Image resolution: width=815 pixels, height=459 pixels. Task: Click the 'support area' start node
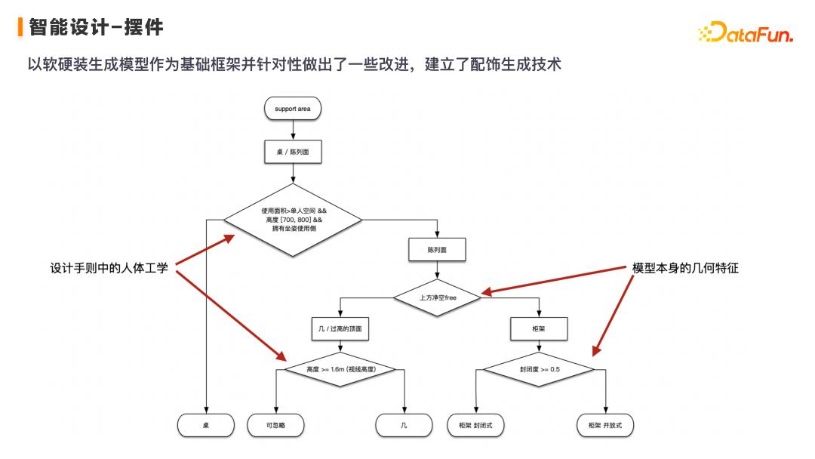(292, 109)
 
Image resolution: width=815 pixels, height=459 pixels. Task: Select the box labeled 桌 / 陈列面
(292, 152)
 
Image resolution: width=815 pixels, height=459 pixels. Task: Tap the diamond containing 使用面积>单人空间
(292, 220)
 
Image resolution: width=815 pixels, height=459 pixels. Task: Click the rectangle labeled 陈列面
(436, 250)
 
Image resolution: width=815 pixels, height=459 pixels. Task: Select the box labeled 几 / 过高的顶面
(341, 329)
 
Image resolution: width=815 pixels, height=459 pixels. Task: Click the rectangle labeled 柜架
(539, 329)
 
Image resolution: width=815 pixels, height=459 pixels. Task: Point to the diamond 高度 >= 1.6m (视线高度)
(341, 370)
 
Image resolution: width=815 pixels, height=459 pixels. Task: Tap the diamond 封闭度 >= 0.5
(539, 370)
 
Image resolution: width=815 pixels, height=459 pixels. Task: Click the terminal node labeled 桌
(205, 426)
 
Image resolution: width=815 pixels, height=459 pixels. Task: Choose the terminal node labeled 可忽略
(275, 426)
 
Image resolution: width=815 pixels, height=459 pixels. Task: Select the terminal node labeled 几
(404, 426)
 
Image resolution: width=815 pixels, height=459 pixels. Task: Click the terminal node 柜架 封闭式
(475, 426)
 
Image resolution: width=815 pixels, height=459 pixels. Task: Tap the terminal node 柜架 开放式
(605, 426)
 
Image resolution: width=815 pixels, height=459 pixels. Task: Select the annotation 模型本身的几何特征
(684, 268)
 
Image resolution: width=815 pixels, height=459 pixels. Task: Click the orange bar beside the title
(20, 28)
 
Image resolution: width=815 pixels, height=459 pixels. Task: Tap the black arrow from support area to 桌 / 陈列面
(292, 130)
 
